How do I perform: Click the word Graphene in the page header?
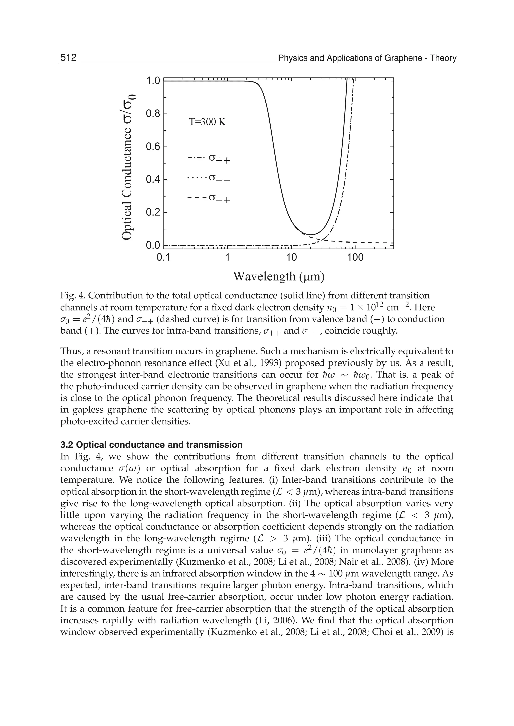(x=401, y=58)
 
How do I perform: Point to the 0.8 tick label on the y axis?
(x=153, y=114)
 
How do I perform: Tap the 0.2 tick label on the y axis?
(x=153, y=212)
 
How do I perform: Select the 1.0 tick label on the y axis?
(x=153, y=81)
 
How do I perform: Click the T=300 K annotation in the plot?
(x=207, y=122)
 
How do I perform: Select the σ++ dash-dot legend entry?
(x=209, y=158)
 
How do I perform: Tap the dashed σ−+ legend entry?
(x=209, y=198)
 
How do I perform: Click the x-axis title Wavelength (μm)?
(x=279, y=276)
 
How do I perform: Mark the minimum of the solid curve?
(x=311, y=235)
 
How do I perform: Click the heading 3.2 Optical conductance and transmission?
(x=151, y=445)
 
